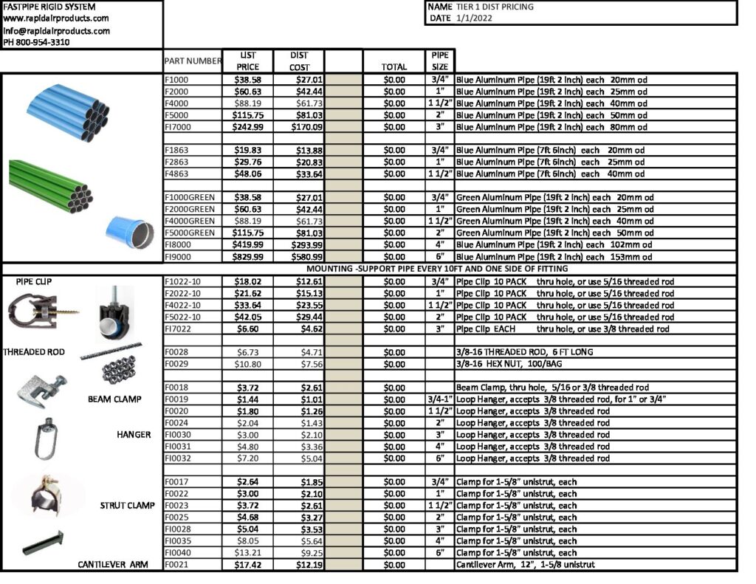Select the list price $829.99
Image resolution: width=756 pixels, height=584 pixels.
(x=248, y=257)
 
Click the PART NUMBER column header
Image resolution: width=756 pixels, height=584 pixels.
(x=193, y=61)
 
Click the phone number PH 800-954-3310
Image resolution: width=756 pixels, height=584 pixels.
(x=37, y=42)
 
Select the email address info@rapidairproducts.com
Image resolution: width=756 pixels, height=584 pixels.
(x=56, y=31)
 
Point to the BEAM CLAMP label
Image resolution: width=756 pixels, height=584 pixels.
(x=114, y=399)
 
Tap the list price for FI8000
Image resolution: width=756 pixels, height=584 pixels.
(x=248, y=245)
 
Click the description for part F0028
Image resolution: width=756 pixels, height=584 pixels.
(x=524, y=352)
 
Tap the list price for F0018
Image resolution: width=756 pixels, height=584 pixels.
(x=248, y=388)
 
